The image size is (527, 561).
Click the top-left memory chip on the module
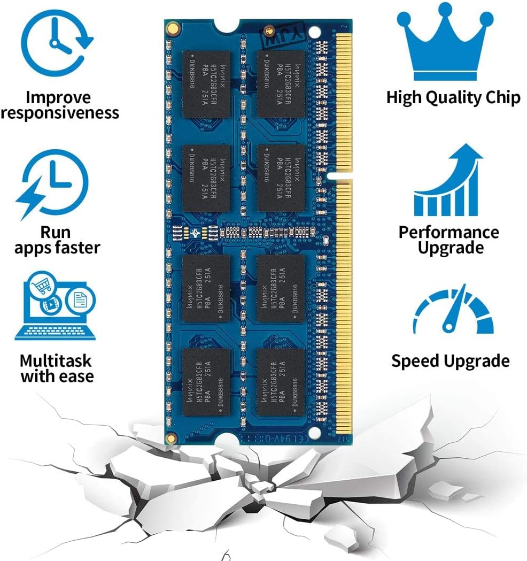point(206,84)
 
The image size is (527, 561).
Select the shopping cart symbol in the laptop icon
point(41,287)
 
